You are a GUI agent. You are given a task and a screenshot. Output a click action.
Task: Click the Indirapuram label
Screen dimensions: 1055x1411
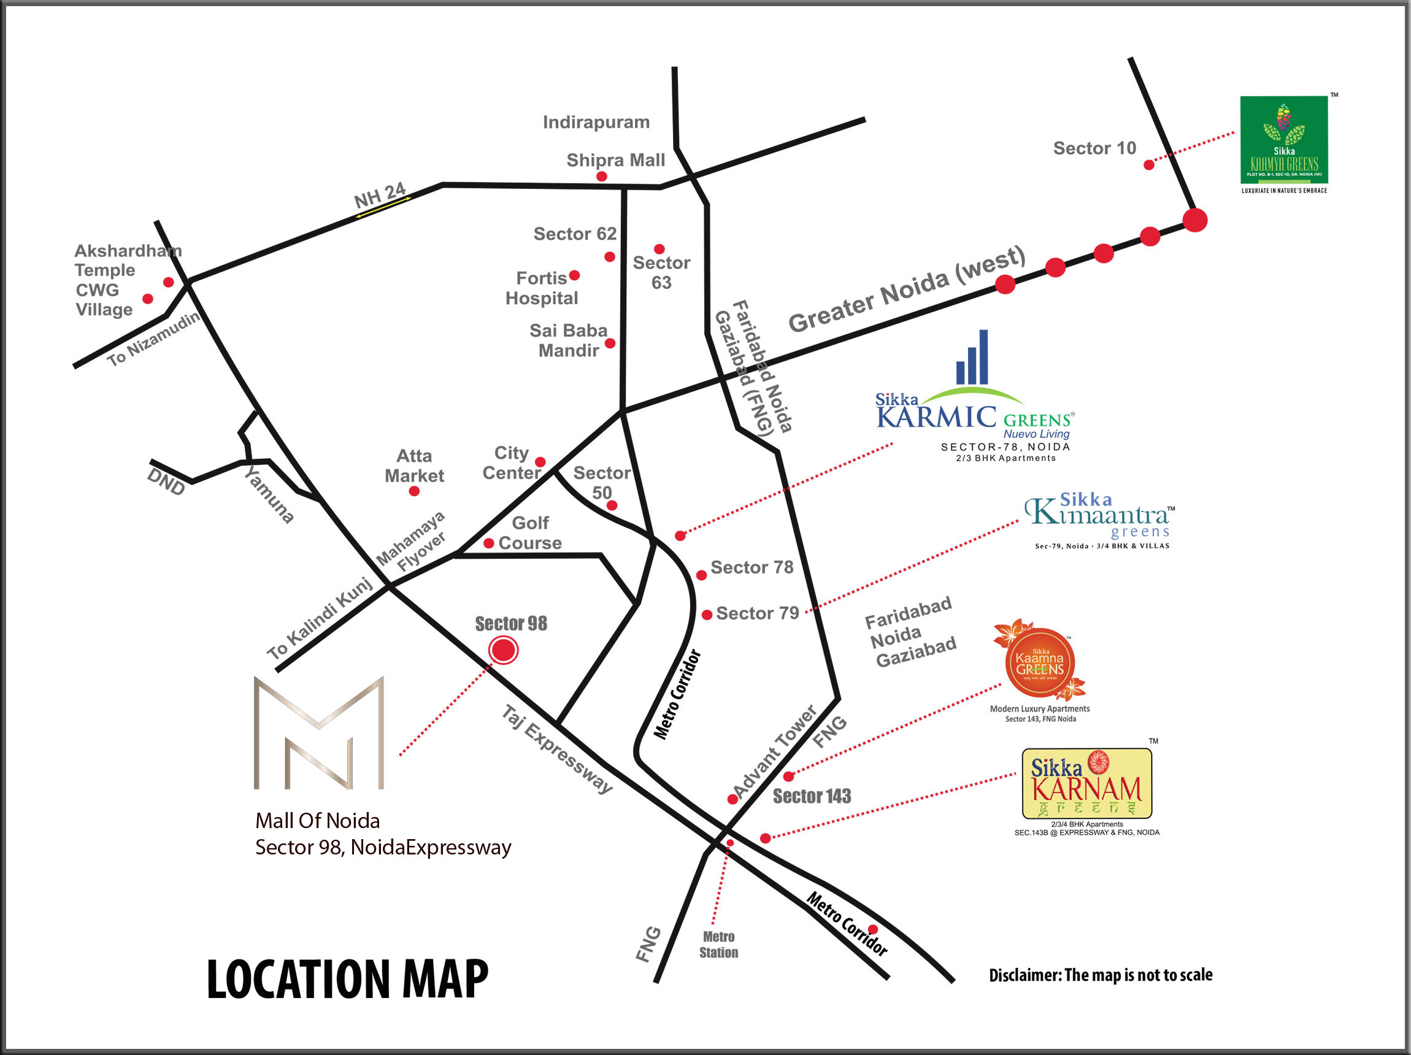(596, 122)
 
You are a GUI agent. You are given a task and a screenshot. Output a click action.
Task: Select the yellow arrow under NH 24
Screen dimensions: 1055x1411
(383, 207)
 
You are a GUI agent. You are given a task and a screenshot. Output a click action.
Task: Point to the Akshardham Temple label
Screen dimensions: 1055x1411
(128, 260)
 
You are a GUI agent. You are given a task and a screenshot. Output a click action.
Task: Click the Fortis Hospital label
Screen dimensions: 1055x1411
(542, 288)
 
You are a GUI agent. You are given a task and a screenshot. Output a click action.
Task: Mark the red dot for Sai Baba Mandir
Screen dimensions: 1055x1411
(610, 343)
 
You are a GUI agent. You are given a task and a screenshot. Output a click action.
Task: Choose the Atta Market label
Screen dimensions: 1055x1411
(414, 466)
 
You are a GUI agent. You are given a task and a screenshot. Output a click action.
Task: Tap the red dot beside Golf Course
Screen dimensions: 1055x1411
(488, 543)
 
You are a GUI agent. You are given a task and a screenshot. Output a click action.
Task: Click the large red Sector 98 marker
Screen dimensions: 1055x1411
(503, 650)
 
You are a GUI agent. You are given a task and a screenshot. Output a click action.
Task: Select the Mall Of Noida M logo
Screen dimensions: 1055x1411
(319, 734)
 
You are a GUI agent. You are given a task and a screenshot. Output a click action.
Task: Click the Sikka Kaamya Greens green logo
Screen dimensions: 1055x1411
(1283, 140)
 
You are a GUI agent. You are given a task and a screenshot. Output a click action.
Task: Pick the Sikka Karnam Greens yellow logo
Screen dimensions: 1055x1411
(1086, 783)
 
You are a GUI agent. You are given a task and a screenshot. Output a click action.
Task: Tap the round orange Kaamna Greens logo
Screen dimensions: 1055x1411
(1040, 663)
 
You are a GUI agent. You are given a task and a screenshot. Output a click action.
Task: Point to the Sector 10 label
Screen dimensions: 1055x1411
(1094, 148)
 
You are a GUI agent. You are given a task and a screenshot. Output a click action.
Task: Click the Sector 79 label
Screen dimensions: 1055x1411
(757, 613)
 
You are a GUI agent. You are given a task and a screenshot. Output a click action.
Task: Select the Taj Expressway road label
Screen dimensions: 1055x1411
(557, 750)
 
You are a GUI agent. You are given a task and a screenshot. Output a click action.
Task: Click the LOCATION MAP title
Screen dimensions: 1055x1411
(348, 979)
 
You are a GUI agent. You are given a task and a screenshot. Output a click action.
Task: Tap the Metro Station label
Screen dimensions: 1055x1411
(718, 945)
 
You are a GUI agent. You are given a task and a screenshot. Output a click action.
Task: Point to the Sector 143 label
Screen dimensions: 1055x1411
(812, 797)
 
